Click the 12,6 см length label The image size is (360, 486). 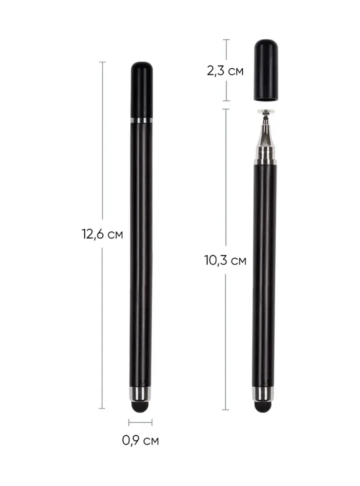click(102, 234)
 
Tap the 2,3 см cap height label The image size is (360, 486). click(225, 71)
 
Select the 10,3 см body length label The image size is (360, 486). click(225, 260)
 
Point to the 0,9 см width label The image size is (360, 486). click(140, 440)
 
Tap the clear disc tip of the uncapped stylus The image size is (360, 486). click(266, 112)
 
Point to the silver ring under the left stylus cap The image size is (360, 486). click(141, 120)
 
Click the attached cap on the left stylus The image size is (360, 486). click(141, 90)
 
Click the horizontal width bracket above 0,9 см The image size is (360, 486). click(140, 422)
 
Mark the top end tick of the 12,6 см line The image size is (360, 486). click(102, 62)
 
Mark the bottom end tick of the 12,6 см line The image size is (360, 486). click(102, 408)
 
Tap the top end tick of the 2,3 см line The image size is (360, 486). click(226, 40)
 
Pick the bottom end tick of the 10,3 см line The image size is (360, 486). click(225, 410)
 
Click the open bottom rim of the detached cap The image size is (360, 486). click(266, 99)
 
